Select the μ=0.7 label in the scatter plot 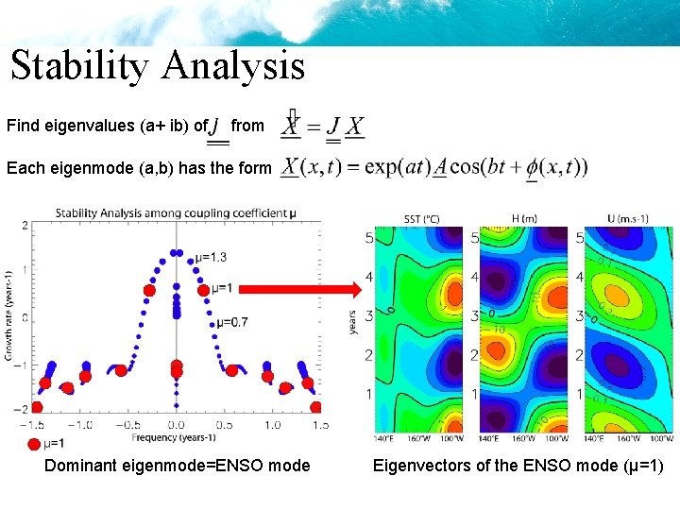(x=232, y=322)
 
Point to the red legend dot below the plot (x=35, y=444)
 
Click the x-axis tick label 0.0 (x=175, y=426)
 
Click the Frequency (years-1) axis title (x=175, y=437)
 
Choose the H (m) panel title (x=524, y=219)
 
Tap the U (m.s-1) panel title (x=629, y=219)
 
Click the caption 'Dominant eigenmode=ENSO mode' (x=177, y=466)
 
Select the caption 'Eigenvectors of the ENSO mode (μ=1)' (x=518, y=466)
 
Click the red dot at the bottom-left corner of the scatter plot (x=36, y=407)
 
